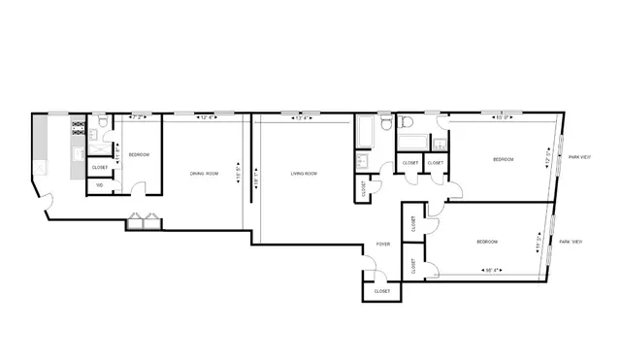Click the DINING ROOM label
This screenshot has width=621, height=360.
click(x=204, y=174)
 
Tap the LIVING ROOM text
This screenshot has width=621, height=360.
click(x=304, y=174)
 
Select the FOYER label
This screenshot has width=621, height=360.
click(x=383, y=244)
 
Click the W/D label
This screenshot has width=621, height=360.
click(x=99, y=184)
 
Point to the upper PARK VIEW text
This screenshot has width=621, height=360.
click(x=579, y=156)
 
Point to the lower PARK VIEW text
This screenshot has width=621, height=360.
click(x=570, y=241)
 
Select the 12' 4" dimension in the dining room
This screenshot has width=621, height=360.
click(x=206, y=118)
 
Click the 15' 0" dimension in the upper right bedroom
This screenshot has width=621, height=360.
click(x=502, y=118)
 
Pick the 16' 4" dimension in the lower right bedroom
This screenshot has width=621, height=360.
click(x=492, y=270)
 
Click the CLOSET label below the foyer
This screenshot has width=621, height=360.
click(x=381, y=291)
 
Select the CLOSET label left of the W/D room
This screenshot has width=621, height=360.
click(x=100, y=167)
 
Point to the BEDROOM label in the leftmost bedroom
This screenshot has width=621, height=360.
click(x=139, y=153)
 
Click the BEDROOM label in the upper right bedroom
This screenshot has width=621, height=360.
click(x=503, y=159)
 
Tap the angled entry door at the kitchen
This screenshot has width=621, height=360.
click(x=43, y=203)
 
